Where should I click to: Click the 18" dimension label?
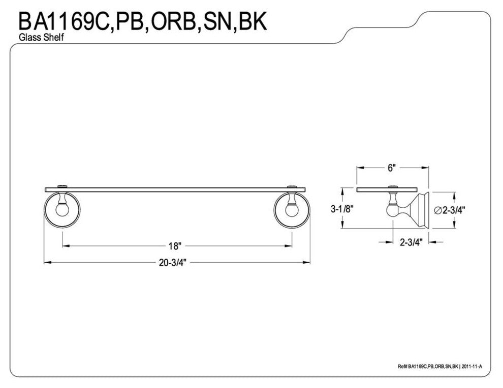175,246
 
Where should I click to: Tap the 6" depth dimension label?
391,169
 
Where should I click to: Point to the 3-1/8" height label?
342,208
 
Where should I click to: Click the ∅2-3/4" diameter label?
451,209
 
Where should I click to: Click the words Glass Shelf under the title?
41,38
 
